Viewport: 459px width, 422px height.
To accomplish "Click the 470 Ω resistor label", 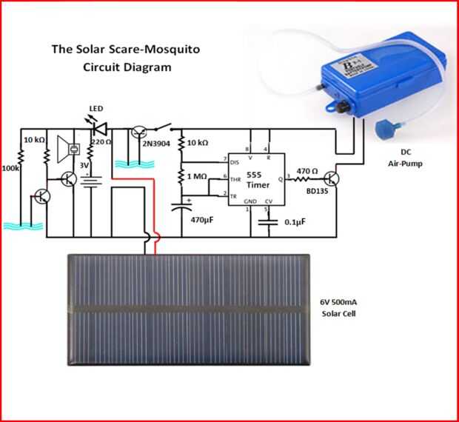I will pyautogui.click(x=307, y=171).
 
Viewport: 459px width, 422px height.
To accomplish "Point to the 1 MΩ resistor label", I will pyautogui.click(x=199, y=177).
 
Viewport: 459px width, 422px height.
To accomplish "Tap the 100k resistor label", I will pyautogui.click(x=11, y=170).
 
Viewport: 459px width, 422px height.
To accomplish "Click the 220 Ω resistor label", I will pyautogui.click(x=101, y=141).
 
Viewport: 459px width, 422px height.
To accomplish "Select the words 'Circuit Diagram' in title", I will pyautogui.click(x=127, y=67).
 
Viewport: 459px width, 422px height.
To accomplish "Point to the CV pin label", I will pyautogui.click(x=269, y=201).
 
